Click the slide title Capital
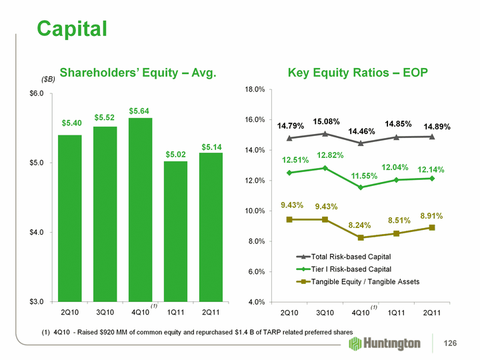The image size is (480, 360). tap(72, 28)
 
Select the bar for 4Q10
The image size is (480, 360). tap(140, 209)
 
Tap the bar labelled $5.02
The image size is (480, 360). tap(175, 231)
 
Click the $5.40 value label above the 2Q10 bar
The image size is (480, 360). tap(70, 123)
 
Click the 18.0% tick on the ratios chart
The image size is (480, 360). tap(257, 89)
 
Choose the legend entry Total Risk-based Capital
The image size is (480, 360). tap(342, 257)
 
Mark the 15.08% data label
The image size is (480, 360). tap(327, 122)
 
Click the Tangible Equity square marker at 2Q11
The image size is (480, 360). tap(432, 227)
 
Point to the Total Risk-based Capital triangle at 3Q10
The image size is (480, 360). tap(325, 133)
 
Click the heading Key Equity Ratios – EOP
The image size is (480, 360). tap(357, 72)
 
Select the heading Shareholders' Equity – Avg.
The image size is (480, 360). tap(138, 72)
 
